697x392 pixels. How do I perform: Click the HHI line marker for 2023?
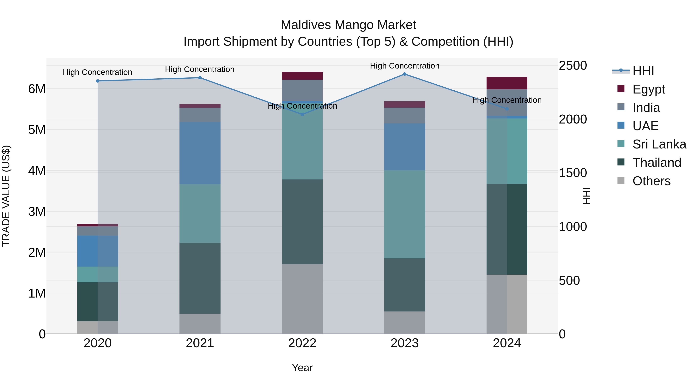click(404, 74)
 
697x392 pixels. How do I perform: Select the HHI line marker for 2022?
click(302, 114)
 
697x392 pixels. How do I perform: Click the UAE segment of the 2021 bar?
click(200, 153)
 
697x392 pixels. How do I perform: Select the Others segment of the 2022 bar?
click(302, 299)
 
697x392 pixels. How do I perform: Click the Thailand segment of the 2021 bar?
click(200, 278)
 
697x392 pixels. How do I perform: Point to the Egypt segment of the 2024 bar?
click(507, 83)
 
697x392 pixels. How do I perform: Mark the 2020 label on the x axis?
click(98, 343)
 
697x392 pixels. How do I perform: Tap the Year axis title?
click(302, 368)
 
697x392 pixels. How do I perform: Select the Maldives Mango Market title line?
click(348, 25)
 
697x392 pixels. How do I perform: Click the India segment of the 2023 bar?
click(404, 116)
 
